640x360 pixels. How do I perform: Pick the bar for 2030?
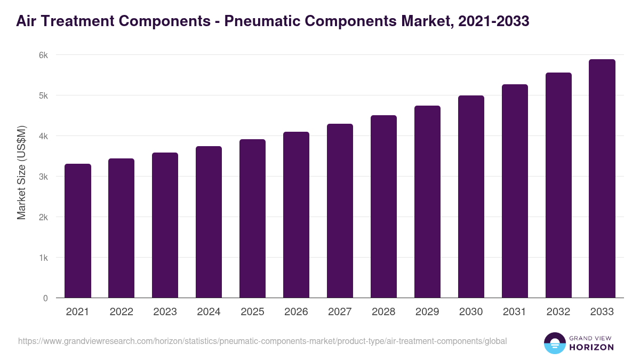471,197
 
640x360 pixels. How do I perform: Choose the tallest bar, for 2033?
602,179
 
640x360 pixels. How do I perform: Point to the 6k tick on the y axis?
44,55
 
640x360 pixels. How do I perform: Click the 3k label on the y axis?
44,177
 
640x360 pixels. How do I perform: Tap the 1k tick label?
44,258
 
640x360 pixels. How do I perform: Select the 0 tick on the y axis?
46,298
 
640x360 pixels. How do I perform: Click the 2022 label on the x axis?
122,312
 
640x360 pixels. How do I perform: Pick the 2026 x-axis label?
296,312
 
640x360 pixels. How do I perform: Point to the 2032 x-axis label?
558,312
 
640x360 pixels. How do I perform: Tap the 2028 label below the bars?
383,312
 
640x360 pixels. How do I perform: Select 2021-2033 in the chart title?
494,21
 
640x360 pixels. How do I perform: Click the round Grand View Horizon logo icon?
554,343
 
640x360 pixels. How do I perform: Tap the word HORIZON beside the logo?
591,347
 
